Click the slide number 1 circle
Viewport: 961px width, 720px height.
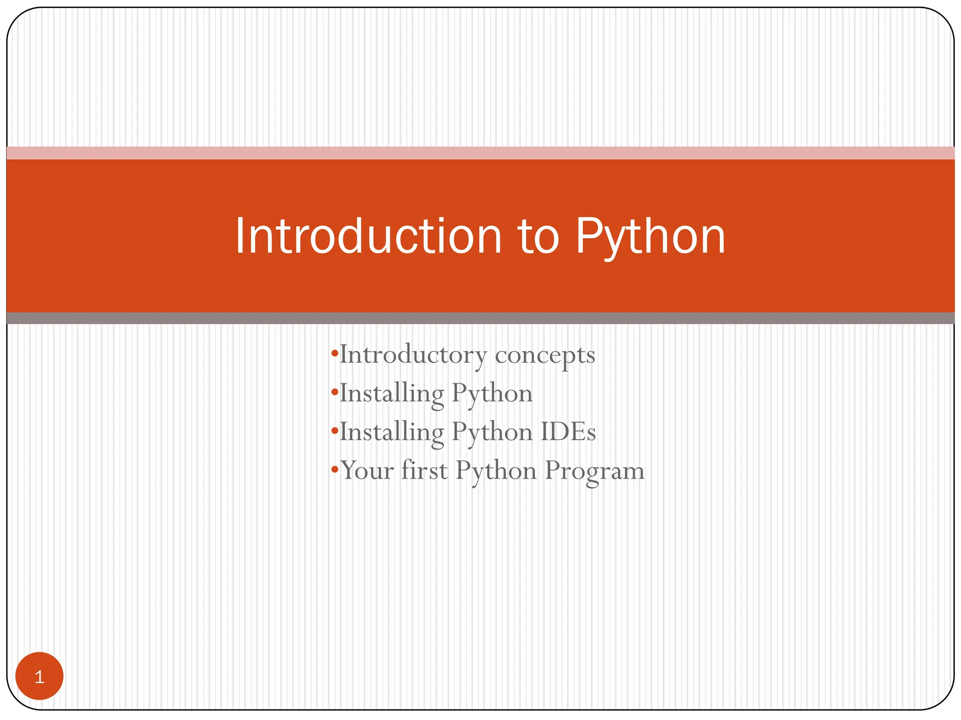point(39,676)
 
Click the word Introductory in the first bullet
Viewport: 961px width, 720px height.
point(413,355)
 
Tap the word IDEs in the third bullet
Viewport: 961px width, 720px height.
point(568,432)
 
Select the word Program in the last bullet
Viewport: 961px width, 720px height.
point(595,471)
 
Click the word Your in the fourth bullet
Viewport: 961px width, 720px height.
point(367,470)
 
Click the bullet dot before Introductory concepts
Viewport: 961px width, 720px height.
point(334,354)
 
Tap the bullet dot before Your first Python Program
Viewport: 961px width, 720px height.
point(334,470)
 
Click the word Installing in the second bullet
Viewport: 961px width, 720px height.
point(392,394)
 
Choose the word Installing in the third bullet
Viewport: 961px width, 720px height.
point(392,432)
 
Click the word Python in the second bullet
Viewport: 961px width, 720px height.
point(492,394)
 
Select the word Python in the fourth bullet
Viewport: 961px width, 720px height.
point(496,471)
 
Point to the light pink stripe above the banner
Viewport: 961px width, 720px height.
point(480,153)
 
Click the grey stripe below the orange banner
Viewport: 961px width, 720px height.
point(480,318)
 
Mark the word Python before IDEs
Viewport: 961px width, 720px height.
point(492,432)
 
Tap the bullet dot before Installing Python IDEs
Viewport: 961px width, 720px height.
point(334,431)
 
